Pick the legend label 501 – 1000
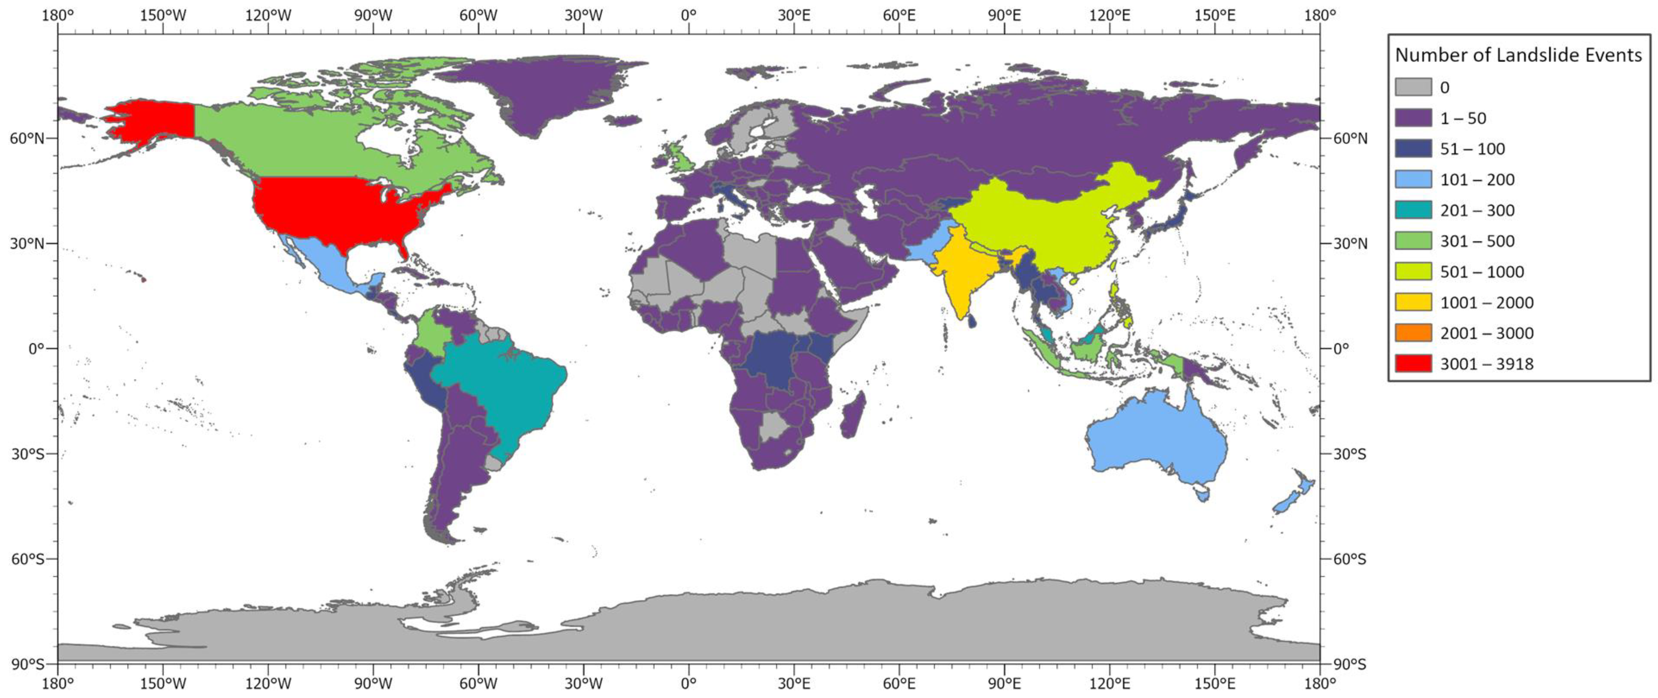(x=1482, y=272)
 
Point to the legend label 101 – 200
(x=1477, y=179)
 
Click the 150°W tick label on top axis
(x=163, y=15)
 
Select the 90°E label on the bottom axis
(x=1004, y=682)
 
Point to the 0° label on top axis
(x=689, y=15)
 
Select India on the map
(x=959, y=270)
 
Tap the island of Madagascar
(x=853, y=415)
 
